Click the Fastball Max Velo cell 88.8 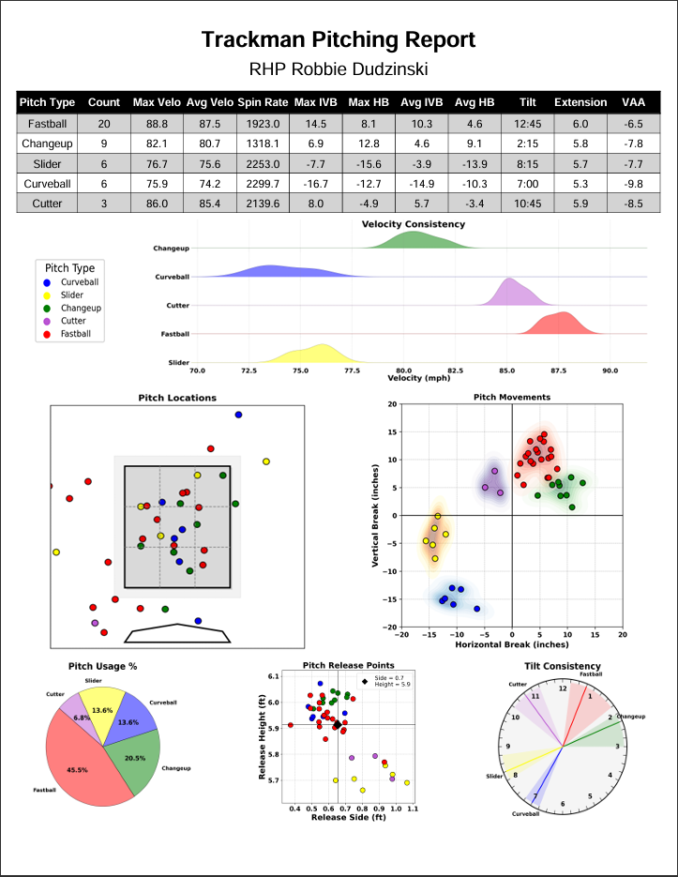coord(157,124)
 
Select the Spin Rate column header coord(263,102)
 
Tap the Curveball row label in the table coord(47,184)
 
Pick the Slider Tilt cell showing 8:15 coord(528,164)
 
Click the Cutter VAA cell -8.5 coord(633,204)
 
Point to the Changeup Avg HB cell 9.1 coord(475,144)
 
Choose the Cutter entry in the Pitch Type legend coord(73,321)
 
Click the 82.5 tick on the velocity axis coord(456,370)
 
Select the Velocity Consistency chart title coord(414,224)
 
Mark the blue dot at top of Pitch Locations coord(238,415)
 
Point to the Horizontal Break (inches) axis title coord(512,644)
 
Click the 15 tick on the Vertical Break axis coord(392,431)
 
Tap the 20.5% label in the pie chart coord(135,759)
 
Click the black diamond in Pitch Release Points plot coord(338,725)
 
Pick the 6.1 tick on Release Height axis coord(273,676)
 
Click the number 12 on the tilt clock coord(563,688)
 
